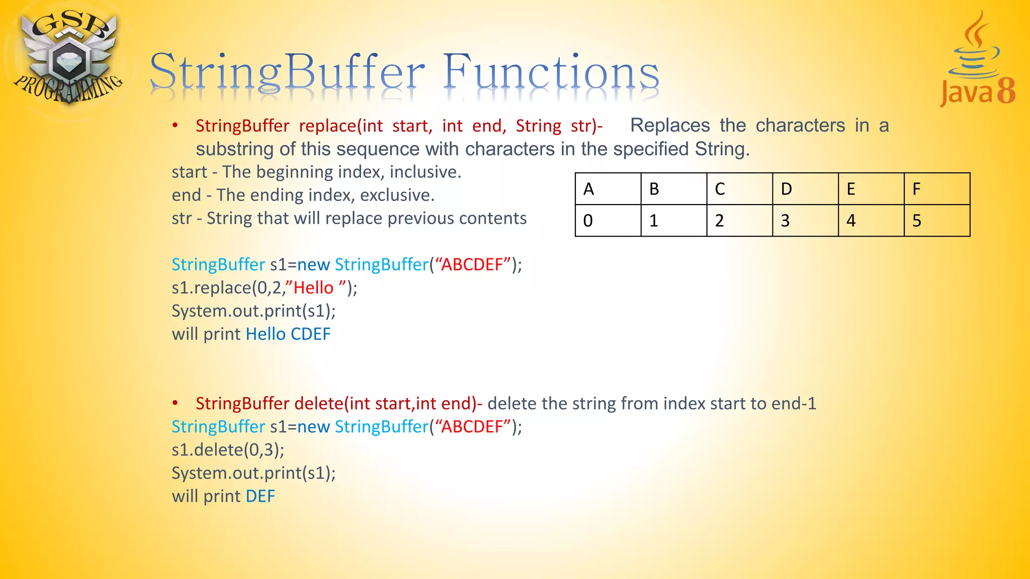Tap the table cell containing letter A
608,189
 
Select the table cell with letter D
805,189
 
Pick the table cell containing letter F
936,189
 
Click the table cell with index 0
608,221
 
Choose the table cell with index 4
871,221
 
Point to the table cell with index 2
739,221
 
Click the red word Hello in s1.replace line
313,288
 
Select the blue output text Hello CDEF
288,334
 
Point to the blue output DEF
260,497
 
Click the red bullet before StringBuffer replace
175,125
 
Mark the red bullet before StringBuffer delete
175,403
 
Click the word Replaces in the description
670,126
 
